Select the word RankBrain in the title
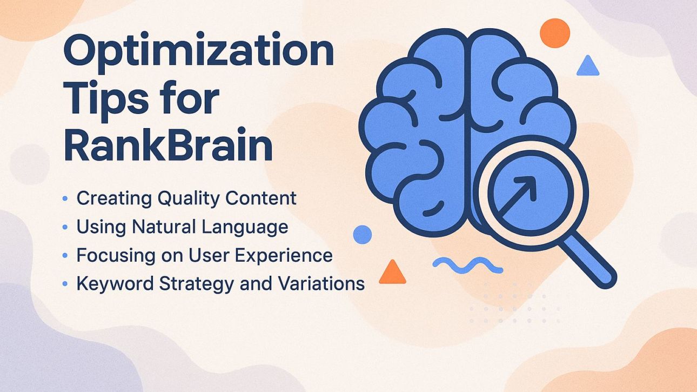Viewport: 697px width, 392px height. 168,145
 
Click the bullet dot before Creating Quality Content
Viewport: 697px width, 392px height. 65,199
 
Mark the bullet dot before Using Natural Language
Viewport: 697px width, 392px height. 65,227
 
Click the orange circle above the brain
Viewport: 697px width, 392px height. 555,32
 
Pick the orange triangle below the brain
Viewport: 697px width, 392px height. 392,272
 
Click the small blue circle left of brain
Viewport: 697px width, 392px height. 362,235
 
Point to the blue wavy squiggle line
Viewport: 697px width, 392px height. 467,264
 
